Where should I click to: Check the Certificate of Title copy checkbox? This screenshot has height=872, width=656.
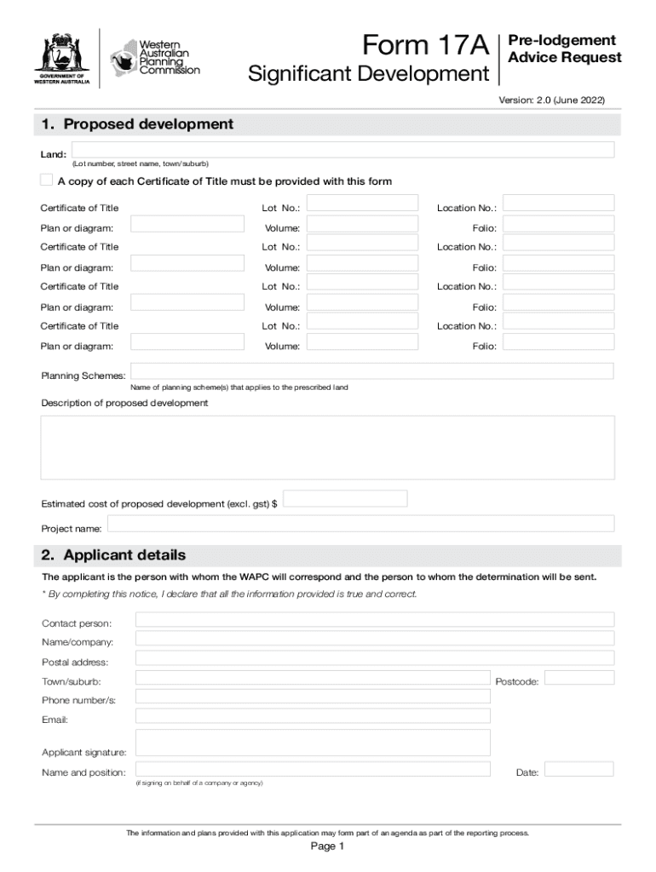(46, 181)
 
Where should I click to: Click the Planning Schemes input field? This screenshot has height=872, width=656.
(371, 371)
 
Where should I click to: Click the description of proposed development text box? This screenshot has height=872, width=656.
(328, 447)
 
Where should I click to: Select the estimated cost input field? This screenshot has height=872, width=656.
(345, 498)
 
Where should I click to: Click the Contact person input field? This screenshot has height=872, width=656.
(375, 619)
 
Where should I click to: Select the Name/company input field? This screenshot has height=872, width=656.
(375, 638)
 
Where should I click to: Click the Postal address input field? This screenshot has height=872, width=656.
(375, 657)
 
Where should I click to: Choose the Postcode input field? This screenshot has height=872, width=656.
(578, 677)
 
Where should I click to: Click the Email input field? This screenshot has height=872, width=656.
(313, 715)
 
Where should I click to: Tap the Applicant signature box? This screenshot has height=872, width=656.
(313, 743)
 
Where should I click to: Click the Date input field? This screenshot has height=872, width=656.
(578, 769)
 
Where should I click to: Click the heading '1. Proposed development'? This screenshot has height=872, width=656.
(137, 124)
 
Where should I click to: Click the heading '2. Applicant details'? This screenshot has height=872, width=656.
(113, 555)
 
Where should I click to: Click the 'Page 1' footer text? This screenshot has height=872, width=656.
(327, 846)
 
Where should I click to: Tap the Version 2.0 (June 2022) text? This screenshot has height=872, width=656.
(551, 100)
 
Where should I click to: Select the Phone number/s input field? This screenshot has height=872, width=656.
(313, 697)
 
